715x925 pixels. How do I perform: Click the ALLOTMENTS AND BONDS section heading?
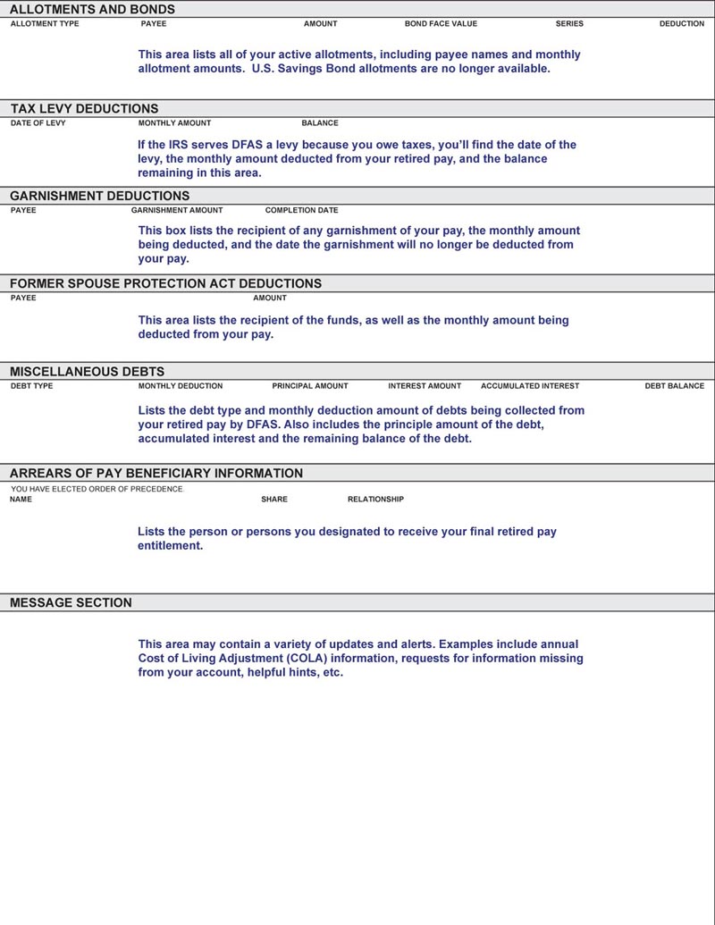pyautogui.click(x=92, y=10)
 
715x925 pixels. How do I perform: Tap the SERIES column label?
pyautogui.click(x=569, y=24)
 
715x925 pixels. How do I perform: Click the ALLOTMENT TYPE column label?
pyautogui.click(x=45, y=24)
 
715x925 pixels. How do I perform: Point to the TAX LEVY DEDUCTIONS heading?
pyautogui.click(x=84, y=109)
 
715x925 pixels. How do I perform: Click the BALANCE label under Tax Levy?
pyautogui.click(x=320, y=123)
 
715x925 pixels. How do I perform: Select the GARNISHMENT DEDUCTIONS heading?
pyautogui.click(x=99, y=196)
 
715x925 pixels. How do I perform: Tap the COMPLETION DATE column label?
pyautogui.click(x=302, y=211)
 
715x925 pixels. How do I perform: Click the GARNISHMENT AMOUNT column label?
pyautogui.click(x=177, y=211)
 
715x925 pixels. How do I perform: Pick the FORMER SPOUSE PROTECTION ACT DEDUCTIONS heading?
pyautogui.click(x=165, y=283)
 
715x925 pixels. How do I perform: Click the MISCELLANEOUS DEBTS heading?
pyautogui.click(x=87, y=371)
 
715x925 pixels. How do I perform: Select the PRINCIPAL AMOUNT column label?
pyautogui.click(x=310, y=386)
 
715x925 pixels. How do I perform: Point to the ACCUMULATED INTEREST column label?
pyautogui.click(x=530, y=386)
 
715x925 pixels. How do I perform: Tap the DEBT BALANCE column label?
pyautogui.click(x=675, y=386)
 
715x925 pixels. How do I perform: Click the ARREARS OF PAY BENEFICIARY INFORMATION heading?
pyautogui.click(x=156, y=473)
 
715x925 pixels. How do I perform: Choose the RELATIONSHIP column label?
pyautogui.click(x=375, y=500)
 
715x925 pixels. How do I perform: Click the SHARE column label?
pyautogui.click(x=274, y=500)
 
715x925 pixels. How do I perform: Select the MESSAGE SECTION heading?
pyautogui.click(x=71, y=602)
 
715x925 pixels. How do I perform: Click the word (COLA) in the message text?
pyautogui.click(x=313, y=659)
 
